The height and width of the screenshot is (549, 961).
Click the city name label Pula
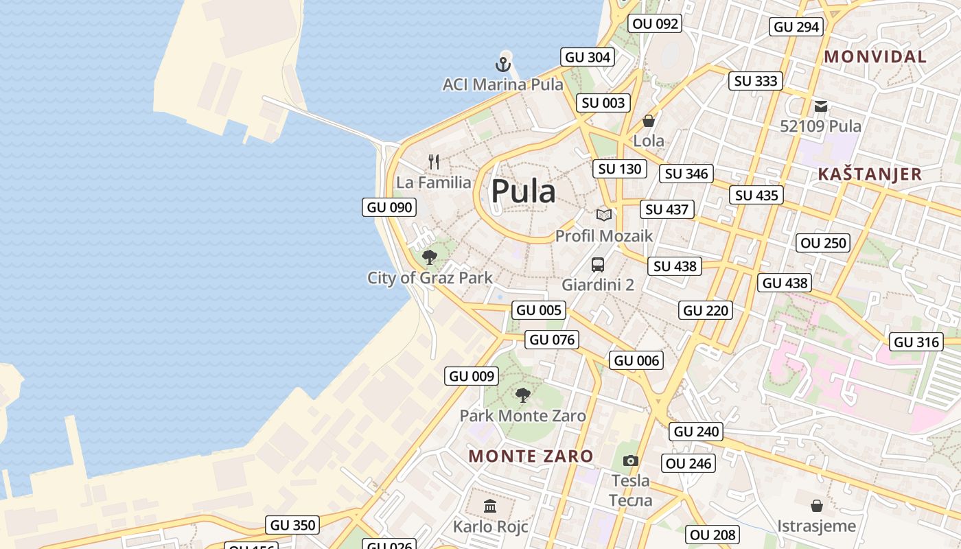click(523, 191)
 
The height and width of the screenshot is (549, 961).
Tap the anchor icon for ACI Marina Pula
click(504, 65)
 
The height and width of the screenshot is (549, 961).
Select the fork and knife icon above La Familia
click(434, 162)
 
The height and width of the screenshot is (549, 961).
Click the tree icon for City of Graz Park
click(430, 257)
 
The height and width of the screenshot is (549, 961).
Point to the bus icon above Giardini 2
click(598, 265)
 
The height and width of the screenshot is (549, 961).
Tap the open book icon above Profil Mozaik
click(604, 215)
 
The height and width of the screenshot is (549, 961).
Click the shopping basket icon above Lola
click(649, 121)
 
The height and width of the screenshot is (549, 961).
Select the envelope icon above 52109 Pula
click(821, 106)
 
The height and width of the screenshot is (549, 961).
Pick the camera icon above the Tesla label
click(630, 460)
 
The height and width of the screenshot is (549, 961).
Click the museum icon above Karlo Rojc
click(490, 506)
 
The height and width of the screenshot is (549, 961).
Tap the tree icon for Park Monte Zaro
click(523, 395)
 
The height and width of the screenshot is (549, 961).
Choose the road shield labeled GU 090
click(389, 207)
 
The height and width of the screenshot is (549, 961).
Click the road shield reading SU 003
click(603, 103)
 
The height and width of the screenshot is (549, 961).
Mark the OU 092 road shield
click(656, 24)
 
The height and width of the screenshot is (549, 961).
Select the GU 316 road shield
click(916, 342)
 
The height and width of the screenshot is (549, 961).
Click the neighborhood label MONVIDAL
click(875, 57)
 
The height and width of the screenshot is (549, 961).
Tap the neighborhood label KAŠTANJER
click(870, 174)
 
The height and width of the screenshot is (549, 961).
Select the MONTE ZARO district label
click(531, 456)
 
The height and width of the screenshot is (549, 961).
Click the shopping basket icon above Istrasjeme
click(817, 506)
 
